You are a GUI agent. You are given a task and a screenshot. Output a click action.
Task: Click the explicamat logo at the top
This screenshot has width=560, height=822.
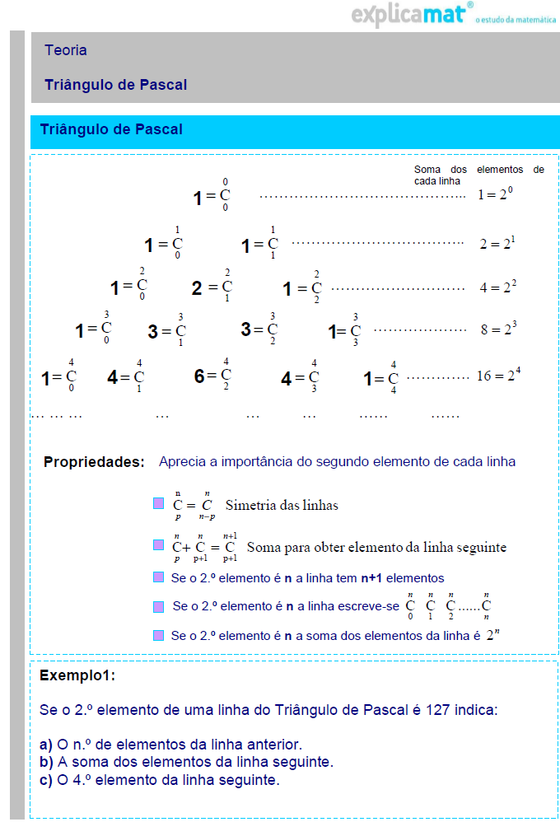point(413,15)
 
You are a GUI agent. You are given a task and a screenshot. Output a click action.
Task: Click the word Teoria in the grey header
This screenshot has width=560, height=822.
point(66,50)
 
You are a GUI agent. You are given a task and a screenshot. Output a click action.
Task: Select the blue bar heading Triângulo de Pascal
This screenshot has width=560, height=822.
point(111,129)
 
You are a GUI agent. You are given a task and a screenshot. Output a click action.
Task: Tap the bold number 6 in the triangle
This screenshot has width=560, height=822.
point(199,376)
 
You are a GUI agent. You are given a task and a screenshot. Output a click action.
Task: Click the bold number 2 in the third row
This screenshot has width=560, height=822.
point(197,288)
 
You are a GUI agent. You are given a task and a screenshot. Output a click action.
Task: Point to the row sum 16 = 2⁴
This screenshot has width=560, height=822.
point(498,376)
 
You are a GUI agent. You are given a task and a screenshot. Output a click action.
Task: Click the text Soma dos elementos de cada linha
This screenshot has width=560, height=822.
point(478,175)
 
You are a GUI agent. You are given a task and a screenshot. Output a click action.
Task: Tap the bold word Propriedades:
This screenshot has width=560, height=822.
point(94,462)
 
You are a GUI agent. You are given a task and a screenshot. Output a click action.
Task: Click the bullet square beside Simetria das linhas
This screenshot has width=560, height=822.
point(159,504)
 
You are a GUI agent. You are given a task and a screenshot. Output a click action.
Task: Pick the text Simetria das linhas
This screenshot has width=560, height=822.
point(282,505)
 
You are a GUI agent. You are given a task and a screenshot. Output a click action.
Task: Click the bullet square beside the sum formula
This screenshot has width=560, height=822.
point(159,545)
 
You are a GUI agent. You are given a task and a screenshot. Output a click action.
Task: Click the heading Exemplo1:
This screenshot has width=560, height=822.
point(77,676)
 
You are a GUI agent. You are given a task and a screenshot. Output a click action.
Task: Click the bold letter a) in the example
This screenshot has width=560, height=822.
point(46,744)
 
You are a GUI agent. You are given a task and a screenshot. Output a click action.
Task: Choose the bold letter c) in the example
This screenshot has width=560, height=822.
point(46,780)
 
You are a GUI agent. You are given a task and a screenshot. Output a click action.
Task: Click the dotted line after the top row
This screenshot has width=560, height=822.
point(362,197)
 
